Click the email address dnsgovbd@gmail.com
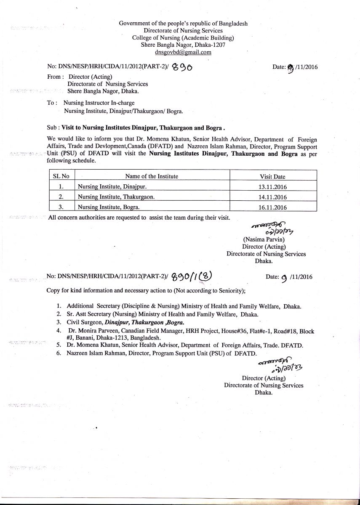(x=183, y=52)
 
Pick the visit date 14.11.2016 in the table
(x=273, y=197)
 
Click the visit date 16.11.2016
(x=273, y=207)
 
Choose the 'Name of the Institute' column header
(x=152, y=176)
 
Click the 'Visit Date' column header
(x=272, y=177)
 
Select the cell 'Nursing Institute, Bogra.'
(x=108, y=207)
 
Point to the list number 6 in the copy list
(x=59, y=353)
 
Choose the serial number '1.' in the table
(x=61, y=187)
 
